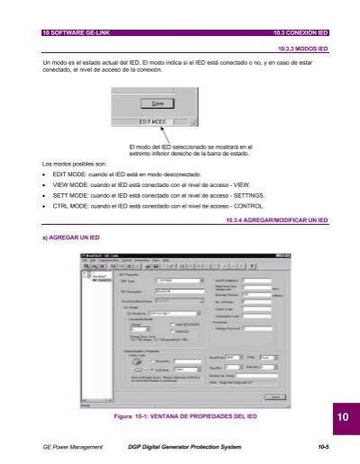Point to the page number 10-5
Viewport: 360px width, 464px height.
point(320,446)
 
